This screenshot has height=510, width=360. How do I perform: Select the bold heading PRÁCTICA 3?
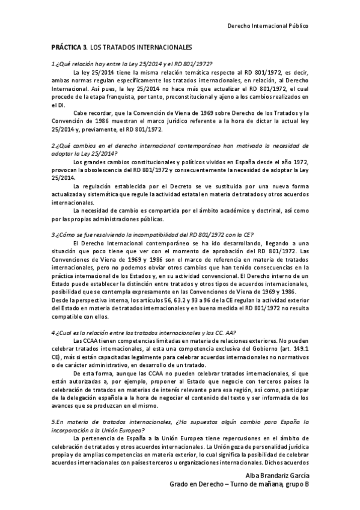69,46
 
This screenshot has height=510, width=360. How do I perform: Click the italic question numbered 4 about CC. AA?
144,333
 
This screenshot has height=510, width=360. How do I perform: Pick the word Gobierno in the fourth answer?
262,349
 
